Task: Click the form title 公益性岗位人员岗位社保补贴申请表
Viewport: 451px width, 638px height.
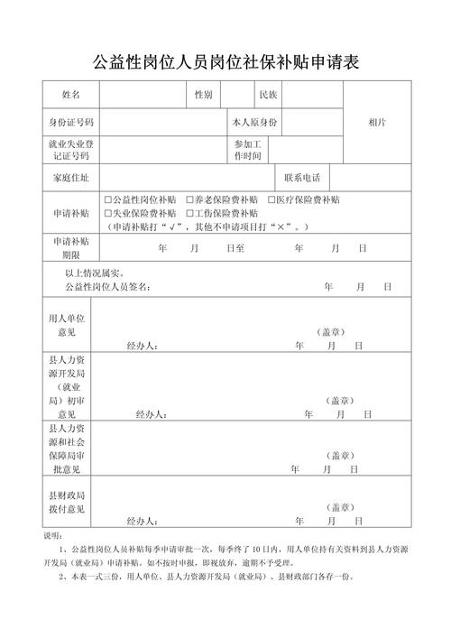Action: (x=225, y=62)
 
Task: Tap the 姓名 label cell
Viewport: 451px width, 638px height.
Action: (x=70, y=95)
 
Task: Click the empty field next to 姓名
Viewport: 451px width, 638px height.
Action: (x=141, y=95)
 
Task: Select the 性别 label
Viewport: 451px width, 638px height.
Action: (x=203, y=95)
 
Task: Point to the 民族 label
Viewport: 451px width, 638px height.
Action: (x=268, y=95)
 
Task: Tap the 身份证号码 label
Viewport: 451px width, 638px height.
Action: (x=70, y=122)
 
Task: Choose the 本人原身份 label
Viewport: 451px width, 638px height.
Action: (x=255, y=122)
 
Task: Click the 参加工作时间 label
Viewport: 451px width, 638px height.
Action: (x=247, y=150)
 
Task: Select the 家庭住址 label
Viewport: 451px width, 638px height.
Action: (x=70, y=178)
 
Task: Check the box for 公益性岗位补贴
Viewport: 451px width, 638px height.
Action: (x=107, y=199)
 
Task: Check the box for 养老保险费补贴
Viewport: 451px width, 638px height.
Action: (x=189, y=199)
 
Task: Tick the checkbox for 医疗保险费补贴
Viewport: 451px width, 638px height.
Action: (x=272, y=199)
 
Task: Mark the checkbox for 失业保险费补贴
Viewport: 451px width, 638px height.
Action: (x=107, y=213)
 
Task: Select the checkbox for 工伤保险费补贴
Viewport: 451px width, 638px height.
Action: (x=189, y=213)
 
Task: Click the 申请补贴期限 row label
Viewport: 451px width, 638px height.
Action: (x=70, y=247)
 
